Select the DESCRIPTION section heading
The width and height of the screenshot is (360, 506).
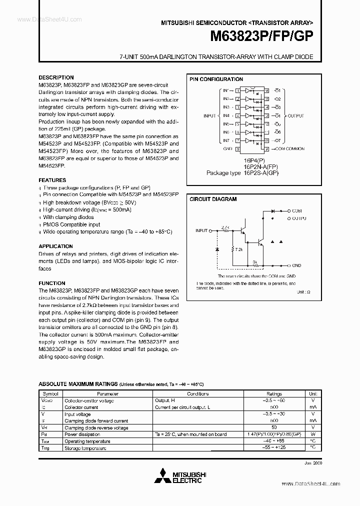tap(56, 77)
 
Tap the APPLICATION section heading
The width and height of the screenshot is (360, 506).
tap(55, 246)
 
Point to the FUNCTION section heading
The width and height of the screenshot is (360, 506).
tap(52, 283)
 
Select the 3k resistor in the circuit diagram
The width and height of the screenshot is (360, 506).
tap(254, 261)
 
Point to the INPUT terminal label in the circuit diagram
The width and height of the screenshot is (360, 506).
tap(201, 230)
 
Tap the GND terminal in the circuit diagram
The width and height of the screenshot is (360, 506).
tap(296, 265)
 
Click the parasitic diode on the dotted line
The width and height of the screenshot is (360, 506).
tap(217, 248)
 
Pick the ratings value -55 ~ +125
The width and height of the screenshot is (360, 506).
tap(274, 448)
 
